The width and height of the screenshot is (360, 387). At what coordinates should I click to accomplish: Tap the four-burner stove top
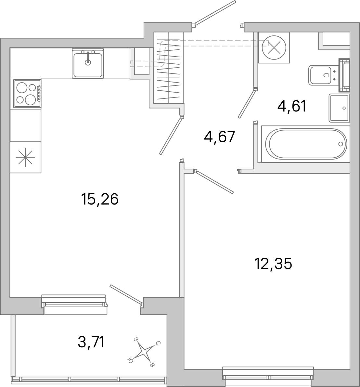click(27, 93)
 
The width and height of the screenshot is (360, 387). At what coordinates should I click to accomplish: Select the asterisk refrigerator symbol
click(26, 157)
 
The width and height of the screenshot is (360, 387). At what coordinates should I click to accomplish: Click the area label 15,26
click(100, 199)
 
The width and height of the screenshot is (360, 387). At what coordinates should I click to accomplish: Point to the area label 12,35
click(273, 264)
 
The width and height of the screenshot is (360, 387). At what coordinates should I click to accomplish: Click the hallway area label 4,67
click(219, 137)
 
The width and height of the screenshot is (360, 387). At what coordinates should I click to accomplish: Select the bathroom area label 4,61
click(292, 106)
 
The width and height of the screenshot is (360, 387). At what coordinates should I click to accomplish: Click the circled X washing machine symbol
click(274, 47)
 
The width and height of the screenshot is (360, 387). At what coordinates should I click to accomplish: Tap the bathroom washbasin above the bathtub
click(339, 108)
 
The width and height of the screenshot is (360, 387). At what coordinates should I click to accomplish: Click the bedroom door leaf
click(215, 182)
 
